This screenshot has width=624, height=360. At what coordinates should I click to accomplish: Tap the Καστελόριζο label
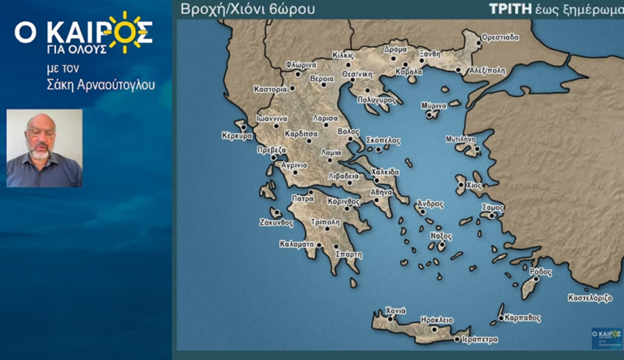pos(590,298)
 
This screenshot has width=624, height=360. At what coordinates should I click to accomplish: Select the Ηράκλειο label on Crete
pos(437,320)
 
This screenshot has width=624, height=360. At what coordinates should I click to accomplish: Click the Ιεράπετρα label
pos(479,339)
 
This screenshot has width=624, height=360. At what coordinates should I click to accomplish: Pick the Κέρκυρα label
pos(237,136)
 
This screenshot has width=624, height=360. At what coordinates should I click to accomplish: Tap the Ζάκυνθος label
pos(277,223)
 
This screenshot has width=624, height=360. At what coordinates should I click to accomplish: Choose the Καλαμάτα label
pos(297,244)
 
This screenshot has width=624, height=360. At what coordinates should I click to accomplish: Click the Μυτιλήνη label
pos(460,139)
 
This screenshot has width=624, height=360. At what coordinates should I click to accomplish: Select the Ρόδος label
pos(541,272)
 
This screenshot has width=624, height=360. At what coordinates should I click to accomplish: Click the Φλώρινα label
pos(300,65)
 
